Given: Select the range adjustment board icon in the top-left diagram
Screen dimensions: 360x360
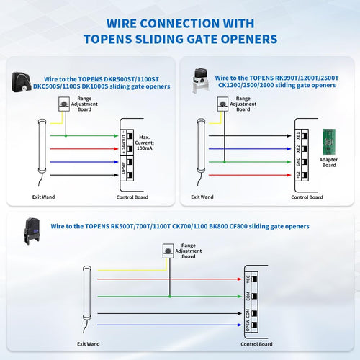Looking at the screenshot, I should pyautogui.click(x=66, y=106).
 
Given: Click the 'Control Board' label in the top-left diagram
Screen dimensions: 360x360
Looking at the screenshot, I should pyautogui.click(x=133, y=197).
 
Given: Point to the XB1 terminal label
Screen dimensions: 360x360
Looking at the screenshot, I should pyautogui.click(x=297, y=135).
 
